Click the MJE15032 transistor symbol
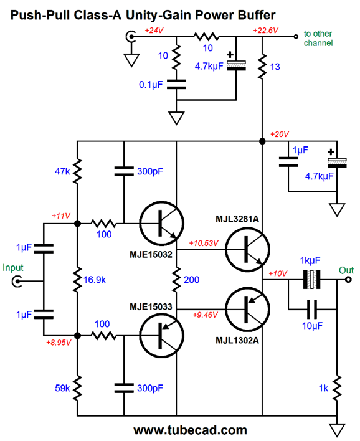tap(162, 224)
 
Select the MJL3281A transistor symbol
tap(247, 250)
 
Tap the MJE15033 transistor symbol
tap(162, 336)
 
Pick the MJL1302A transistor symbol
tap(247, 309)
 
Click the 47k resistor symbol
tap(77, 171)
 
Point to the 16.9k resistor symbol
tap(77, 280)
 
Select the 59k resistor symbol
tap(77, 387)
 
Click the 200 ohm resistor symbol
tap(176, 279)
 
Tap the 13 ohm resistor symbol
tap(262, 67)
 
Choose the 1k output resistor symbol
tap(337, 387)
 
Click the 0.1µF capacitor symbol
tap(176, 84)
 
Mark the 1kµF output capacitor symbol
tap(311, 280)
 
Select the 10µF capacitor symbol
tap(312, 310)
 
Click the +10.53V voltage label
tap(204, 243)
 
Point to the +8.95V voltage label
tap(59, 343)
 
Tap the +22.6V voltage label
tap(266, 31)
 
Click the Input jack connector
tap(17, 282)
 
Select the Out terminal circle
tap(348, 280)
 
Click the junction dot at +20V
tap(262, 141)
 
